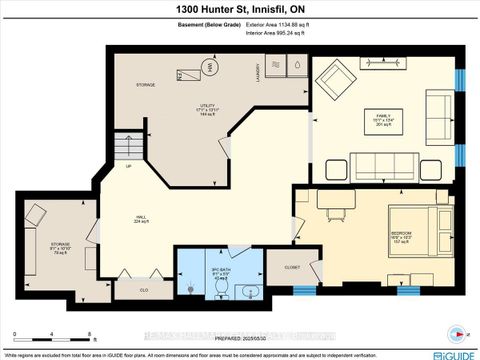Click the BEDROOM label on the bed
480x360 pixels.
coord(402,237)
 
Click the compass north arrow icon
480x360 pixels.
coord(458,333)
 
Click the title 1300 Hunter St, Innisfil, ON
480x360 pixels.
coord(240,9)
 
